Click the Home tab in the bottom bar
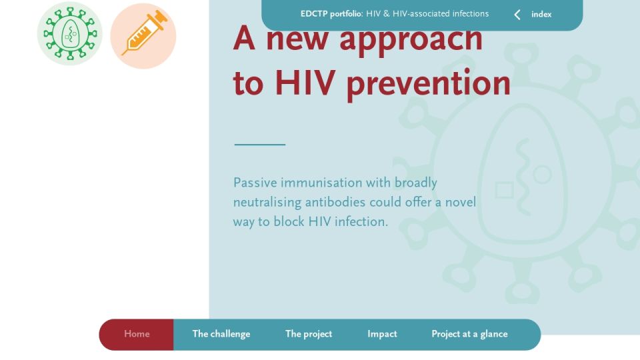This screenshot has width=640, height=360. pyautogui.click(x=137, y=334)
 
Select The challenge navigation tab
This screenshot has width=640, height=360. pyautogui.click(x=221, y=334)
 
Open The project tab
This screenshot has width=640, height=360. pyautogui.click(x=309, y=334)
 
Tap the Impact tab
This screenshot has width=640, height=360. pyautogui.click(x=382, y=334)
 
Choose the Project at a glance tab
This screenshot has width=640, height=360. pyautogui.click(x=469, y=334)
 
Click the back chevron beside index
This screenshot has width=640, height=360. pyautogui.click(x=517, y=15)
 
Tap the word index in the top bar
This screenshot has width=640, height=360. pyautogui.click(x=541, y=14)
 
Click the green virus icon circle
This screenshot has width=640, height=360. pyautogui.click(x=70, y=33)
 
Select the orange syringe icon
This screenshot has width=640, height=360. pyautogui.click(x=143, y=36)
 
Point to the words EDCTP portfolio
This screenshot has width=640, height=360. pyautogui.click(x=331, y=14)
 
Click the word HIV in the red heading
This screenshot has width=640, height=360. pyautogui.click(x=305, y=83)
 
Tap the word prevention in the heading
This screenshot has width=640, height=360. pyautogui.click(x=429, y=85)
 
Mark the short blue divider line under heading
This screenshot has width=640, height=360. pyautogui.click(x=260, y=145)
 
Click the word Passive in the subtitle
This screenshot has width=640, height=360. pyautogui.click(x=255, y=183)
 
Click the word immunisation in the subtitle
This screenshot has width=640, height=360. pyautogui.click(x=321, y=183)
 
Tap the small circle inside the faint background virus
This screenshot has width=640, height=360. pyautogui.click(x=542, y=175)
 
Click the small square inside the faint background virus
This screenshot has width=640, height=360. pyautogui.click(x=505, y=190)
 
